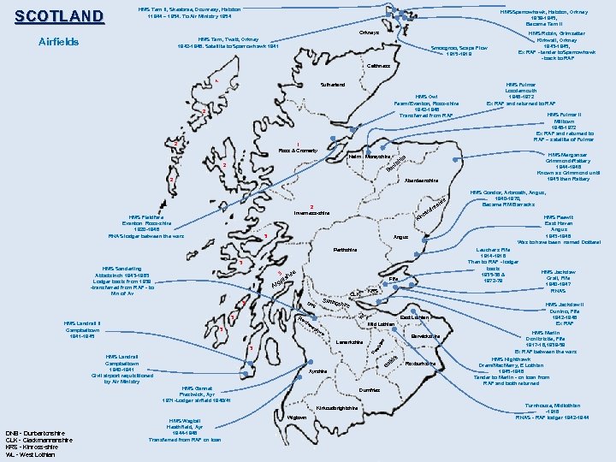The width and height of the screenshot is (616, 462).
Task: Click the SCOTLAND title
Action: click(x=59, y=16)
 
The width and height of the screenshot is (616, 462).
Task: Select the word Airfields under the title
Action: click(x=59, y=42)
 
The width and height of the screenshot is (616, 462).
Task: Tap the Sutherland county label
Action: click(x=333, y=85)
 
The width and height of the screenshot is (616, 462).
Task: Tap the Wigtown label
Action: click(x=298, y=418)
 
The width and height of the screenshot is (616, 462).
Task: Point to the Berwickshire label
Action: click(x=424, y=336)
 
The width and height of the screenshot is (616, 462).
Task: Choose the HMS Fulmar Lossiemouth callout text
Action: click(x=521, y=93)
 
